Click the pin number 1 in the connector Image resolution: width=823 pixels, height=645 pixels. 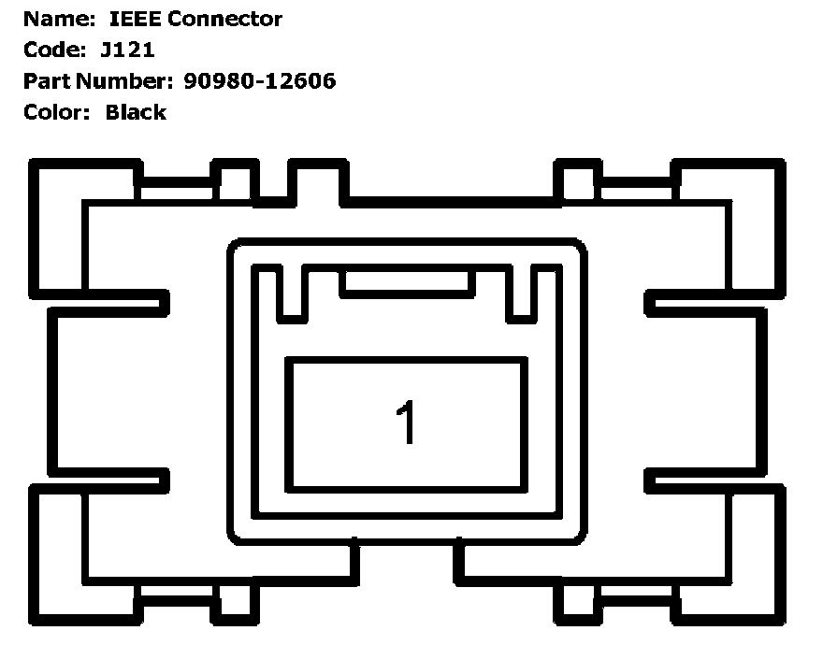[405, 423]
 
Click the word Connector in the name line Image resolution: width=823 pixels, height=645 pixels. [225, 19]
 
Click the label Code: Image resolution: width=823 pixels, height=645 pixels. [52, 50]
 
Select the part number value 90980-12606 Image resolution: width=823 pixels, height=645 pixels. [259, 81]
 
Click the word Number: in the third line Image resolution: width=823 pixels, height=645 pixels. [123, 81]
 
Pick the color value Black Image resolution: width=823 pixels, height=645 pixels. [136, 112]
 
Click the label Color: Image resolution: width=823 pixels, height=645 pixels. [57, 112]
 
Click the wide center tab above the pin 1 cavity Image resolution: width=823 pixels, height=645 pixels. [406, 282]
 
